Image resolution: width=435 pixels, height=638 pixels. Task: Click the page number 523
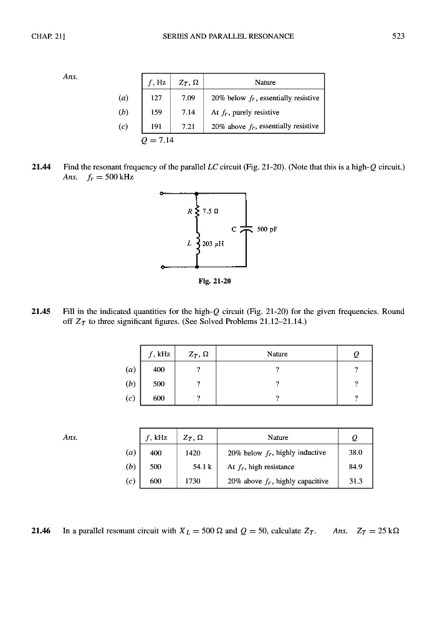tap(399, 36)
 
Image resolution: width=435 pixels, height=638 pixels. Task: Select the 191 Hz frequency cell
tap(152, 126)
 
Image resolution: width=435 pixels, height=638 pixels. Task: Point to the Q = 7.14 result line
tap(158, 140)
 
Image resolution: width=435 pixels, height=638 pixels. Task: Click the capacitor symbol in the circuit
tap(247, 229)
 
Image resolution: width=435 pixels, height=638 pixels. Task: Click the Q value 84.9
tap(356, 466)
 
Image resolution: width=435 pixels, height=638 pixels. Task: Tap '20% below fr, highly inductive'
tap(277, 452)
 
